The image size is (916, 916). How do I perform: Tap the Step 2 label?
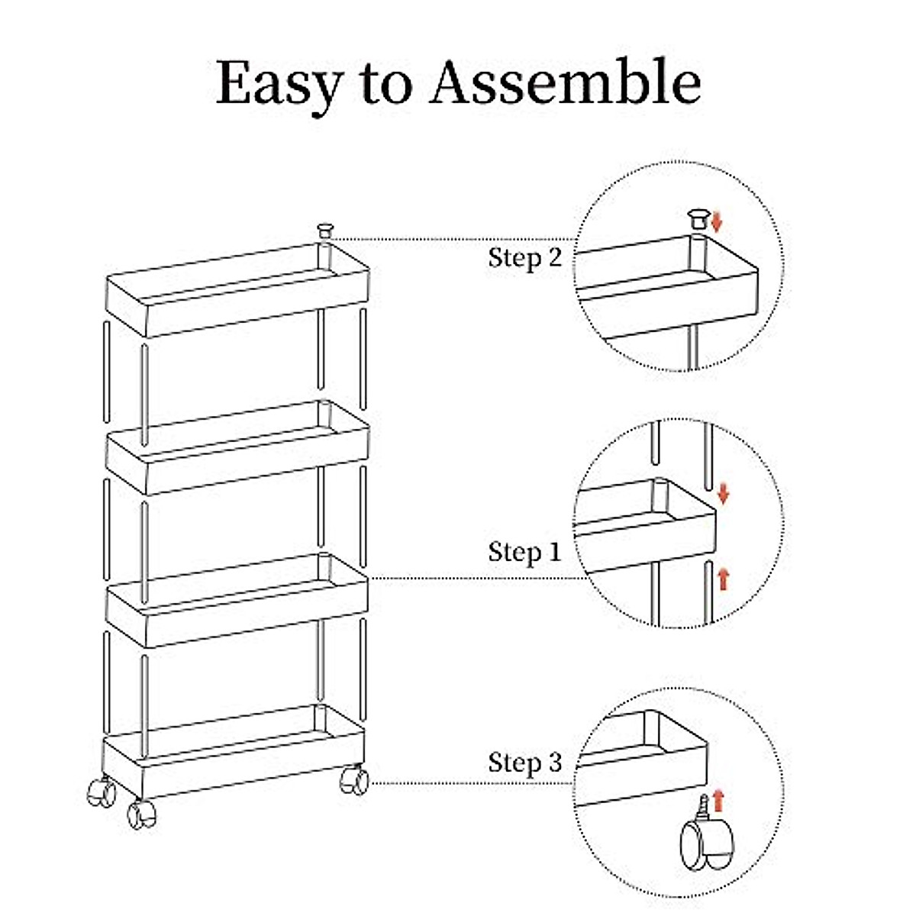524,257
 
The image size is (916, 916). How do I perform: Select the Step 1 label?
524,551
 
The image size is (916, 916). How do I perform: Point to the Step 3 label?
524,762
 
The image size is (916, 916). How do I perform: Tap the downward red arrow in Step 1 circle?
724,494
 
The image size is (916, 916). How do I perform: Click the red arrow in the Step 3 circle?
718,801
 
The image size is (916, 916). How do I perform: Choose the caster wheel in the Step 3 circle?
706,843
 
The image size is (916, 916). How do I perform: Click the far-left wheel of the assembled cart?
101,790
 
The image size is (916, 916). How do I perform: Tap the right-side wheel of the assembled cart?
353,779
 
